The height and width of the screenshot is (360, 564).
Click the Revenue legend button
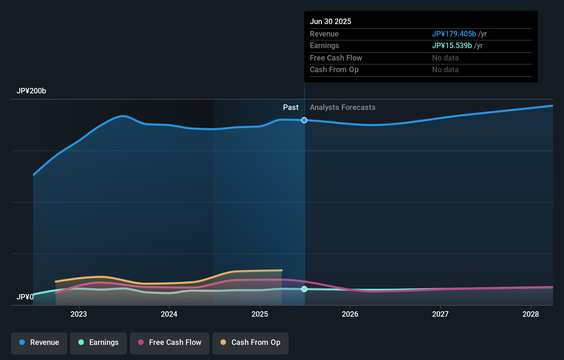[x=39, y=343]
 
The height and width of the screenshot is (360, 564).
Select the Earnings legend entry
[x=99, y=343]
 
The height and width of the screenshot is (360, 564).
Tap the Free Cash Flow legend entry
[x=170, y=343]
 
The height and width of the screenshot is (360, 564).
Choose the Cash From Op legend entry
[x=250, y=343]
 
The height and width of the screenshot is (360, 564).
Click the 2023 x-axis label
[x=79, y=314]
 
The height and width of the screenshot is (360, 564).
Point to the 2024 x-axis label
[x=169, y=314]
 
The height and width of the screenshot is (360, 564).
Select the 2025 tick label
[x=260, y=314]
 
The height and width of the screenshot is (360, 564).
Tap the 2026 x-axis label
[x=350, y=314]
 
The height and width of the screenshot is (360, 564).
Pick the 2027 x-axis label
[x=440, y=314]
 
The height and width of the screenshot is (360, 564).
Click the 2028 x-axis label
[x=531, y=314]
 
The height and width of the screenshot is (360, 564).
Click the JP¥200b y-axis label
[x=31, y=91]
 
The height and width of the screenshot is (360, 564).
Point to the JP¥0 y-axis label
[x=25, y=297]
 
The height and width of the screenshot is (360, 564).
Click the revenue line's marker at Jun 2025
[x=304, y=120]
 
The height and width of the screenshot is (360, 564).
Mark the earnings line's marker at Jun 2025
[x=304, y=289]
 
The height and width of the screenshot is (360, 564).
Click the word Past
[x=291, y=108]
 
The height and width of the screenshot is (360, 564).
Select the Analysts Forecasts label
[x=342, y=108]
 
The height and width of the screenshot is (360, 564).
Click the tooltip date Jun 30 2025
[x=330, y=22]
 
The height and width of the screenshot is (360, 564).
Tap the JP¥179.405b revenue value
[x=454, y=34]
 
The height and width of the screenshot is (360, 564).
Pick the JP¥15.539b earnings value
[x=452, y=46]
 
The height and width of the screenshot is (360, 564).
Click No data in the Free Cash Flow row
[x=445, y=58]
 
